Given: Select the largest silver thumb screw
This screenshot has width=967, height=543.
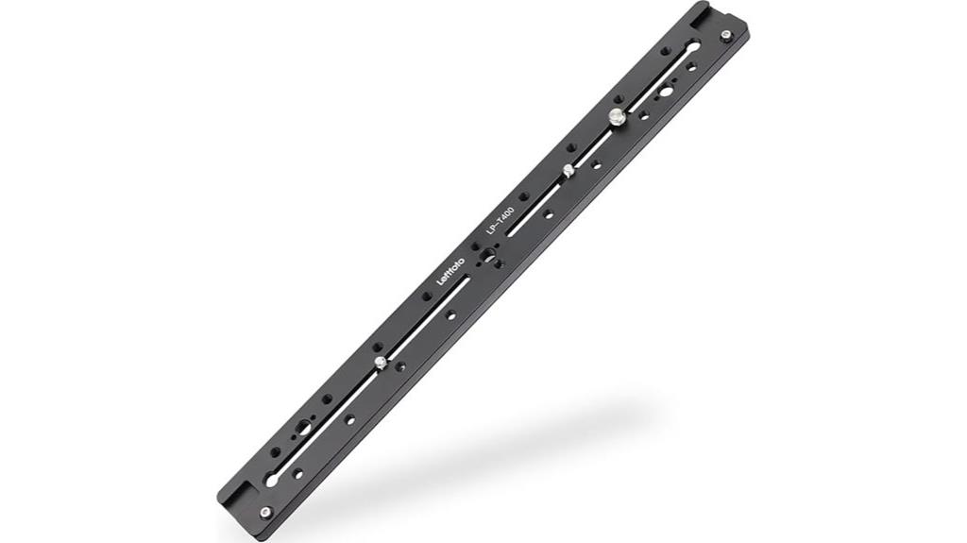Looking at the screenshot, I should click(x=615, y=117).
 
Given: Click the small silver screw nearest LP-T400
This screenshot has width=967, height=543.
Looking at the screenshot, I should click(x=568, y=170).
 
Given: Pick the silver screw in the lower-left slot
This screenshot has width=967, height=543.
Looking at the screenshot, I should click(x=379, y=362).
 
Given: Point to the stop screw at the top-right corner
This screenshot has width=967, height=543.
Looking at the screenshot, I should click(x=725, y=36).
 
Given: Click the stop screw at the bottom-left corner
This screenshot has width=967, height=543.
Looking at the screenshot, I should click(x=265, y=513).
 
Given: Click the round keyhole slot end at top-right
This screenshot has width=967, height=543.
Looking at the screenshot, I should click(x=694, y=46).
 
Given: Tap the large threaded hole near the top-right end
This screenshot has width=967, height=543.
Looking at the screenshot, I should click(x=667, y=92).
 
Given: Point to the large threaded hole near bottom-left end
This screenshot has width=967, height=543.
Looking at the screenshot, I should click(x=303, y=427).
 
